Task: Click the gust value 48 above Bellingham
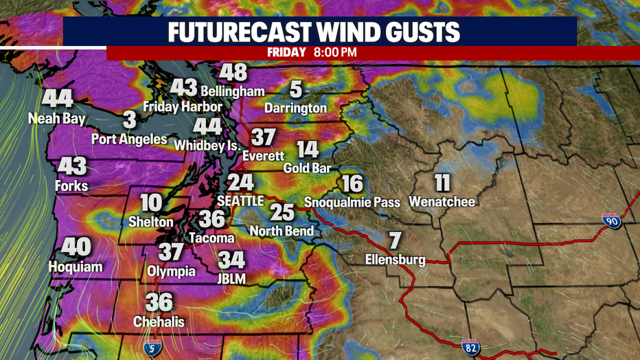(233, 74)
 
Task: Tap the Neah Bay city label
(57, 119)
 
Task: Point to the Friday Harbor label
(183, 106)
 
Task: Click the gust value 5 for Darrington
(295, 89)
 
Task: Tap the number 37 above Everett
(262, 137)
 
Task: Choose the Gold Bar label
(308, 168)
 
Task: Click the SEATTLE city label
(240, 201)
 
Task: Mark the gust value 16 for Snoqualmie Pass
(352, 184)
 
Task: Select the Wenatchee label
(442, 201)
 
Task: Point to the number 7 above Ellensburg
(394, 241)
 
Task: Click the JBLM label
(231, 278)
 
